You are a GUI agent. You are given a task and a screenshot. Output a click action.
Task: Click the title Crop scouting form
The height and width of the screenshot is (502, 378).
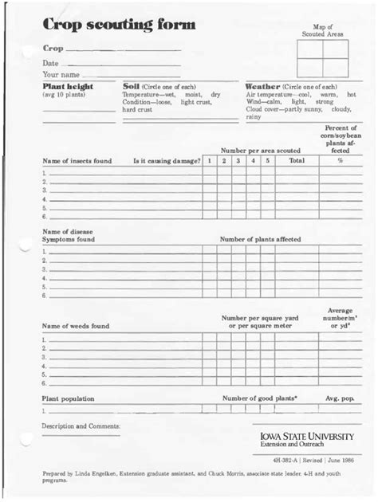click(119, 25)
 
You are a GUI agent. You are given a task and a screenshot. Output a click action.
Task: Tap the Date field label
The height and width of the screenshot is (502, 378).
click(50, 63)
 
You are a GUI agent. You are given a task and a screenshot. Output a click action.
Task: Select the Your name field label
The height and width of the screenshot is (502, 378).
click(61, 76)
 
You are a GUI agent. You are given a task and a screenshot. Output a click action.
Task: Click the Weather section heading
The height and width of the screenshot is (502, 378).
click(262, 86)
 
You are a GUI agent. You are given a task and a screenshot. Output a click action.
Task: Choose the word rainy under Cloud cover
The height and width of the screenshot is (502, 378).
click(254, 117)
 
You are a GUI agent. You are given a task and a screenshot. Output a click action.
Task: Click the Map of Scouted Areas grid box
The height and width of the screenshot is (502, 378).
click(322, 58)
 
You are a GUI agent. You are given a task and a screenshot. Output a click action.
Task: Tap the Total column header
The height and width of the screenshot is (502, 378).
click(297, 160)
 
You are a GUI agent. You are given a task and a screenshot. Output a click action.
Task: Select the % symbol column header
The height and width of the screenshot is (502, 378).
click(341, 160)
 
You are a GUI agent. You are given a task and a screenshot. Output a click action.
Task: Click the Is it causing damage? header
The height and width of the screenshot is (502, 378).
click(167, 161)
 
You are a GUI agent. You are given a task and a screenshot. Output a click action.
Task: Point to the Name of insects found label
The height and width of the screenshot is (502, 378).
click(77, 161)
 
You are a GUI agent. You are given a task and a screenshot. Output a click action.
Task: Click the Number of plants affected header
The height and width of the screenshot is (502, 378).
click(261, 238)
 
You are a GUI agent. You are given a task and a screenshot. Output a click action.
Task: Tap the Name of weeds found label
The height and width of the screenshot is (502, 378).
click(76, 326)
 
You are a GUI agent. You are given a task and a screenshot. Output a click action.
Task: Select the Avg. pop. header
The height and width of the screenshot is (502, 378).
click(341, 398)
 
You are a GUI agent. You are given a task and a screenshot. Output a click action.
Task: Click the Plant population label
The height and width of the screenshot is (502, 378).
click(68, 398)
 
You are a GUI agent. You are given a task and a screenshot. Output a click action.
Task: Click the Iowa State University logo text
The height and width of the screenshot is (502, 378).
click(309, 437)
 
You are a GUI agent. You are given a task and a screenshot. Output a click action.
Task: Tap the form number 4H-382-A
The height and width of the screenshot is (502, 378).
click(285, 460)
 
